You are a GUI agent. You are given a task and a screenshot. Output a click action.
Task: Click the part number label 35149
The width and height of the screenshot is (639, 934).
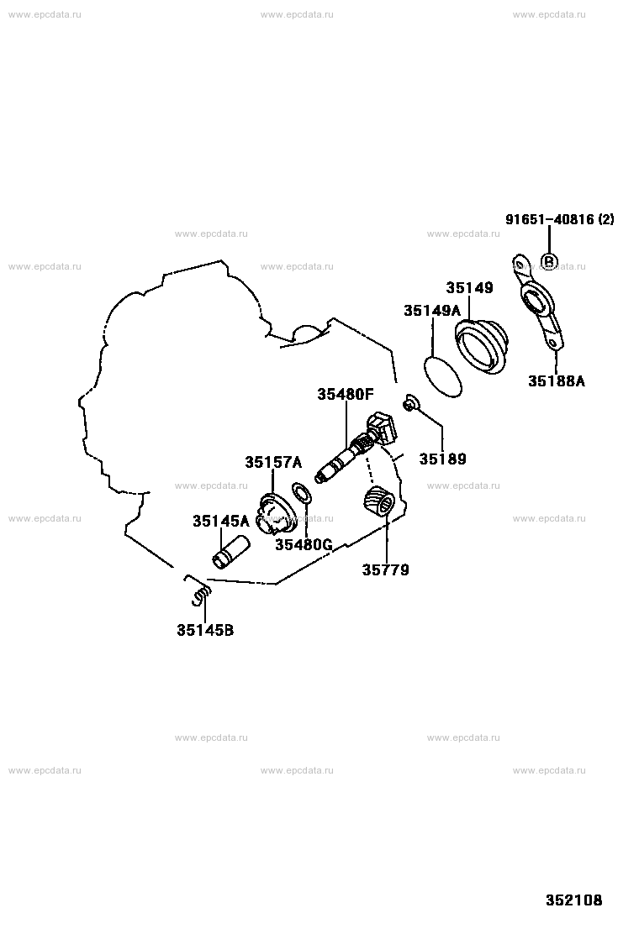tap(470, 288)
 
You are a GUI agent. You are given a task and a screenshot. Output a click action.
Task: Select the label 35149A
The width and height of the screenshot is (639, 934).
tap(432, 310)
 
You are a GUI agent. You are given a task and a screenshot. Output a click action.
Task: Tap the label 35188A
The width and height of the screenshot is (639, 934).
tap(557, 380)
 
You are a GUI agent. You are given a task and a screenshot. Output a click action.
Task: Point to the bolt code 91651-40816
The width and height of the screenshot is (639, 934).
tap(550, 219)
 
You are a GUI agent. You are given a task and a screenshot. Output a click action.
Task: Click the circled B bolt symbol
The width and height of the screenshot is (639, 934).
tap(548, 261)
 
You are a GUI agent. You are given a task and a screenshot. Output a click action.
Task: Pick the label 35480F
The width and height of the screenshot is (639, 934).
tap(345, 394)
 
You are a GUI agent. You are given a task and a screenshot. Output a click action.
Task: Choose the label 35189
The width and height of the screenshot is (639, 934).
tap(442, 459)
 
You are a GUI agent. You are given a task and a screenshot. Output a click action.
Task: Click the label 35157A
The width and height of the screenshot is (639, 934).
tap(273, 462)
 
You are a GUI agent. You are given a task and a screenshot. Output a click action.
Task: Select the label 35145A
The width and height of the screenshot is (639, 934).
tap(220, 522)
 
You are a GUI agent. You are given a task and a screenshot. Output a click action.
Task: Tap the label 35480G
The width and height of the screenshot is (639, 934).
tap(304, 543)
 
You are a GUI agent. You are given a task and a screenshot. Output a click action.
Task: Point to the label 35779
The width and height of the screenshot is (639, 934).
tap(386, 570)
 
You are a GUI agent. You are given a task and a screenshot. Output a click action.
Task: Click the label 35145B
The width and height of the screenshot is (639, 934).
tap(205, 630)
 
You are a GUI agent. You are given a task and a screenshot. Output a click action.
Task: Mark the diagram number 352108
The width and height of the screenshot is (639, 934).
tap(574, 900)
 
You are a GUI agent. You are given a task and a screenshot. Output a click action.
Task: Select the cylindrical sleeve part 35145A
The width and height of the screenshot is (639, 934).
tap(231, 552)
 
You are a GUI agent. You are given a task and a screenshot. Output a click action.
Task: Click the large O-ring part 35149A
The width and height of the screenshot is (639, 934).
tap(442, 377)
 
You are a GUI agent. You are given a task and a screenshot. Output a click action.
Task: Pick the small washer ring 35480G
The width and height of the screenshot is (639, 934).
tap(302, 493)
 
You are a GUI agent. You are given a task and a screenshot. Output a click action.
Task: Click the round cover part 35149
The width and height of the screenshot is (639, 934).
tap(482, 347)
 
